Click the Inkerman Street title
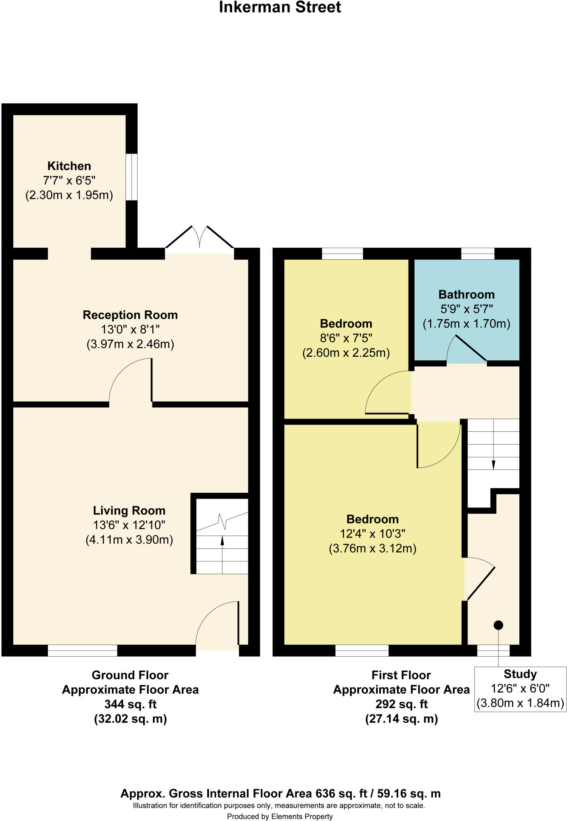pyautogui.click(x=280, y=8)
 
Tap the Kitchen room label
pyautogui.click(x=69, y=166)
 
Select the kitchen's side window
pyautogui.click(x=132, y=177)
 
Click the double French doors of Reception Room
pyautogui.click(x=200, y=241)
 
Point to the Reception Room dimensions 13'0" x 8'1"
pyautogui.click(x=130, y=330)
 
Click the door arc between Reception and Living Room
pyautogui.click(x=129, y=379)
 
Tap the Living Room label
pyautogui.click(x=129, y=511)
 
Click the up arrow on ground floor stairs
pyautogui.click(x=222, y=542)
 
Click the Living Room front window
pyautogui.click(x=83, y=650)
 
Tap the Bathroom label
pyautogui.click(x=466, y=295)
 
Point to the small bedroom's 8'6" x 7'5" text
pyautogui.click(x=346, y=338)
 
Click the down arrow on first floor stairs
pyautogui.click(x=493, y=465)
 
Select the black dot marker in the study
pyautogui.click(x=498, y=625)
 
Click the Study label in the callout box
pyautogui.click(x=520, y=674)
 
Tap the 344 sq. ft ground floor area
pyautogui.click(x=130, y=704)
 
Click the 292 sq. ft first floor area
pyautogui.click(x=401, y=704)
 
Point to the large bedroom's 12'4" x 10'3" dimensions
pyautogui.click(x=373, y=534)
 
